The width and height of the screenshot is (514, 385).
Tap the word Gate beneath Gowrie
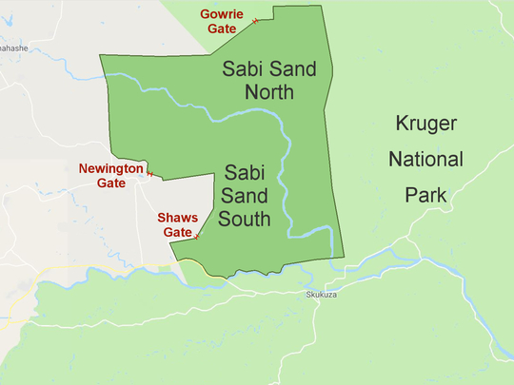coord(223,29)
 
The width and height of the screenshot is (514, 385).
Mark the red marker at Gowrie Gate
coord(255,21)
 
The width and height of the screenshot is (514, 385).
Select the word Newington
coord(110,168)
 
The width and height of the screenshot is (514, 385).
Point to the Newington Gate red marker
coord(150,174)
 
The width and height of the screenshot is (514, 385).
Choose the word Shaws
coord(178,218)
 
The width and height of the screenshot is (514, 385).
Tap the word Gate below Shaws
coord(178,232)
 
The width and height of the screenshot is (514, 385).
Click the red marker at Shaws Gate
coord(197,237)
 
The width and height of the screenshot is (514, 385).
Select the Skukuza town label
coord(322,295)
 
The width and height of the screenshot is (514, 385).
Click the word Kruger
coord(427,125)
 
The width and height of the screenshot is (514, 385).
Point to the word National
coord(426,159)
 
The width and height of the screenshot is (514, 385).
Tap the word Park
coord(425,195)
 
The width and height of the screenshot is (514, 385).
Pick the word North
coord(268,92)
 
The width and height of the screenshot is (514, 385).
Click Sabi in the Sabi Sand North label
coord(241,68)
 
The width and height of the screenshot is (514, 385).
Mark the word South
coord(244,220)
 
